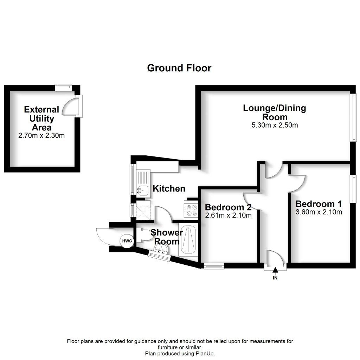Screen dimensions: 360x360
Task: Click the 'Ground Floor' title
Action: pyautogui.click(x=179, y=68)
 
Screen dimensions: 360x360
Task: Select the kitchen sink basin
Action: pyautogui.click(x=142, y=190)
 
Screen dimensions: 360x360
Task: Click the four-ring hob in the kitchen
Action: pyautogui.click(x=192, y=210)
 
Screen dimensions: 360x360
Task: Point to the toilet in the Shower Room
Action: pyautogui.click(x=142, y=235)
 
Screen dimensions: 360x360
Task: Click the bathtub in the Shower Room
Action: pyautogui.click(x=188, y=241)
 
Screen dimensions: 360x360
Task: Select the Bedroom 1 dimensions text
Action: pyautogui.click(x=319, y=212)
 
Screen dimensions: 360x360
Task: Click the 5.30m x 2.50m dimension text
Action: pyautogui.click(x=275, y=125)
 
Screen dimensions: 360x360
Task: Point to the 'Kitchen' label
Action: pyautogui.click(x=169, y=189)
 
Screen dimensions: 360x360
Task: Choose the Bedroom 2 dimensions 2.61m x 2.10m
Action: pyautogui.click(x=229, y=216)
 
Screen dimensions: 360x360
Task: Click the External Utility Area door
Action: pyautogui.click(x=71, y=106)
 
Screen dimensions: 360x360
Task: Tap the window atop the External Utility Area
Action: pyautogui.click(x=64, y=87)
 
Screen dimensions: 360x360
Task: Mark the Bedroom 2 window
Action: pyautogui.click(x=214, y=266)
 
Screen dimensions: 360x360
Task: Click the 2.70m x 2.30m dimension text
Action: pyautogui.click(x=41, y=135)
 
